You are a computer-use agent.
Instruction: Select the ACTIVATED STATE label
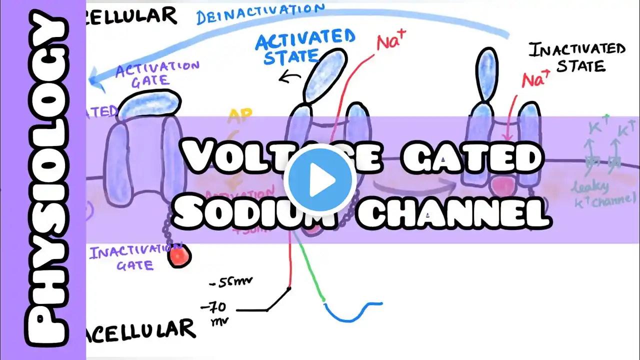click(304, 47)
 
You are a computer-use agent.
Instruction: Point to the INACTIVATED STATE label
click(577, 57)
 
